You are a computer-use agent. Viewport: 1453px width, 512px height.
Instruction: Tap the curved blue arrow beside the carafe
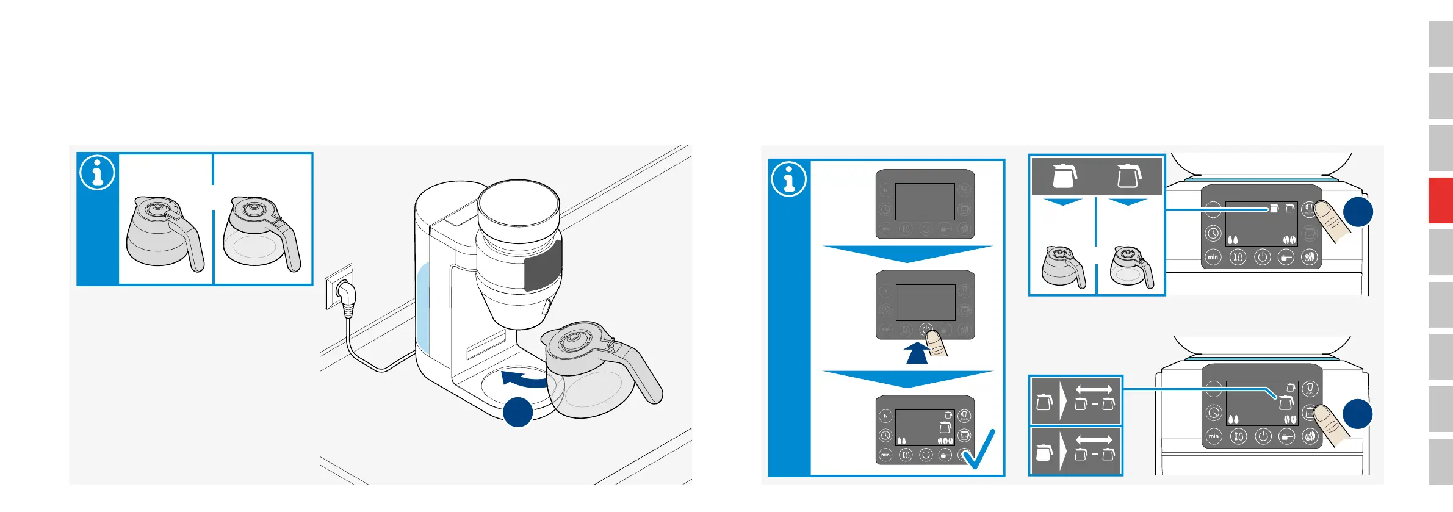[x=525, y=379]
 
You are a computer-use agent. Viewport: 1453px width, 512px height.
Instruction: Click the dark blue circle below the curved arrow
[x=517, y=412]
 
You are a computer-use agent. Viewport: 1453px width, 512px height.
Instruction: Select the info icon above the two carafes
[x=97, y=173]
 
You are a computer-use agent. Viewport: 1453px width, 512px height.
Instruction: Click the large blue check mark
[x=979, y=450]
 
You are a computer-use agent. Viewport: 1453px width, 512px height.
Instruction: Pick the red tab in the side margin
[x=1440, y=200]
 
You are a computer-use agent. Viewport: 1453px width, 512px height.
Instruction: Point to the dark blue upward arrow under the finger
[x=917, y=353]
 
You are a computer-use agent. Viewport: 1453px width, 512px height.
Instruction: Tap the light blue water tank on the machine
[x=422, y=308]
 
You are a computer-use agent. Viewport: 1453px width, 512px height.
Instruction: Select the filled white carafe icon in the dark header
[x=1064, y=176]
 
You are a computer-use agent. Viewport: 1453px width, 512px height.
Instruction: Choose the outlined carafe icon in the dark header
[x=1128, y=176]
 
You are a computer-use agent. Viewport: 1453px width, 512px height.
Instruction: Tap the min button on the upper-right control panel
[x=1213, y=257]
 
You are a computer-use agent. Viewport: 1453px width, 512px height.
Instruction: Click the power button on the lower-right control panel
[x=1263, y=436]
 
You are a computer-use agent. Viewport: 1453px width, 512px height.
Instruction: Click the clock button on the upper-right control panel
[x=1213, y=233]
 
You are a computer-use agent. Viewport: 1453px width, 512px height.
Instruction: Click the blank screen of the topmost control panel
[x=925, y=201]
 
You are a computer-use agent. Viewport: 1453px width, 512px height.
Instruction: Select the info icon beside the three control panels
[x=789, y=179]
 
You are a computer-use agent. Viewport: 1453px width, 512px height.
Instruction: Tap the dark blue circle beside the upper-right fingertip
[x=1358, y=212]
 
